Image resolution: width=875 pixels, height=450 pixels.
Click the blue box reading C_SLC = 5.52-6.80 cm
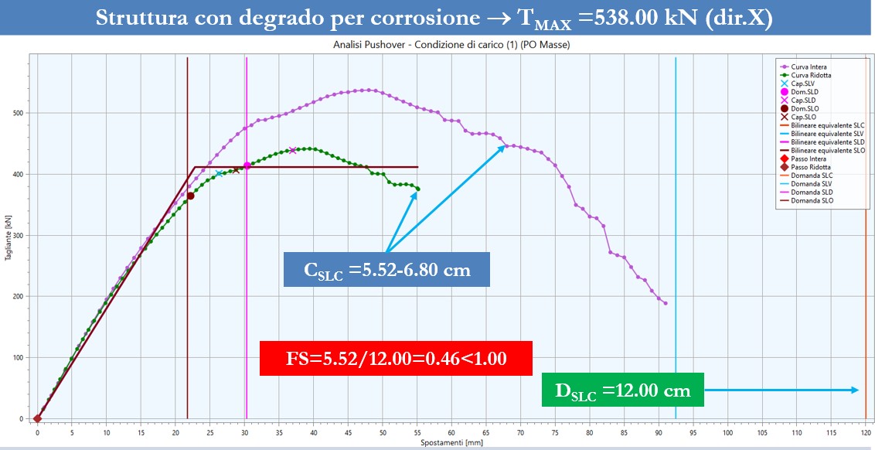click(386, 270)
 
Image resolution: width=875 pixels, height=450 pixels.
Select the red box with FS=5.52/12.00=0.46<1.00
click(396, 358)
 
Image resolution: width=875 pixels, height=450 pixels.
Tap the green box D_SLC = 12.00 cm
click(622, 390)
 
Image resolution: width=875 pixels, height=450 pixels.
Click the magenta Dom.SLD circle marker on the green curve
click(247, 165)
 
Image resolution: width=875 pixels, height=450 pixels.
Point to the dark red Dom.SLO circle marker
click(190, 196)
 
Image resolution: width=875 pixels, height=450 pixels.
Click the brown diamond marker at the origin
click(37, 418)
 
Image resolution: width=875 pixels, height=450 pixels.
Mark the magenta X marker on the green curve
click(292, 150)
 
